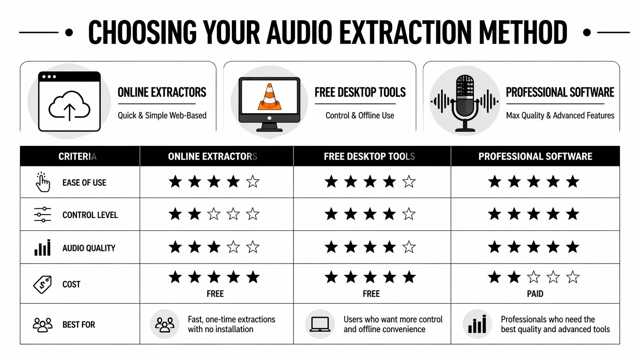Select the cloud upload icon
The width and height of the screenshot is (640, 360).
pos(69,105)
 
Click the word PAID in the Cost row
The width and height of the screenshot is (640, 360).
pos(535,294)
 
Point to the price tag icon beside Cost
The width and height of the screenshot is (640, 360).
pos(42,284)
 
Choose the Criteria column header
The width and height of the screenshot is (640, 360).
pos(77,156)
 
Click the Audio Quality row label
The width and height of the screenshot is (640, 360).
pos(89,248)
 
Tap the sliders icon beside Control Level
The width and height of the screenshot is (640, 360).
pos(42,215)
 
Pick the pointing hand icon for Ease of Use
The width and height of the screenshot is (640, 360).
pos(42,182)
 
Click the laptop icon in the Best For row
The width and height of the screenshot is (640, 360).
pos(320,324)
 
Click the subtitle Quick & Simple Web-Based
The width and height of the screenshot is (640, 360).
pos(162,116)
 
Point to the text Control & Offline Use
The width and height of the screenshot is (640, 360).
pos(360,116)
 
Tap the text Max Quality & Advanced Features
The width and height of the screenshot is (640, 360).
pos(560,116)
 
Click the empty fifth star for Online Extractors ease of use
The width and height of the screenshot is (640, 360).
pos(253,182)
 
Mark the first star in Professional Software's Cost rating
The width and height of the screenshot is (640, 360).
pos(495,277)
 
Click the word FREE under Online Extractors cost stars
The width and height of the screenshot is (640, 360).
pos(215,294)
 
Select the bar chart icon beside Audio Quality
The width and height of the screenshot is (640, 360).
pos(42,248)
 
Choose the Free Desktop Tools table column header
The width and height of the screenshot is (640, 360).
pos(369,156)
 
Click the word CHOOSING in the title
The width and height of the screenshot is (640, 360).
pos(142,33)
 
